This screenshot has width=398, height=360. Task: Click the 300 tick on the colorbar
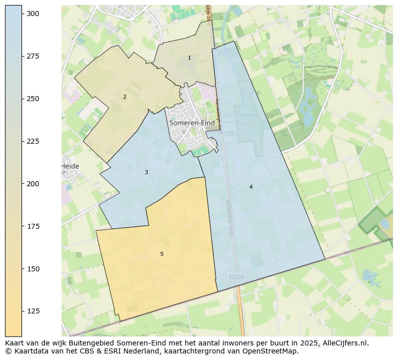pyautogui.click(x=33, y=14)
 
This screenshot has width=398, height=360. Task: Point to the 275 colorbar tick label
pyautogui.click(x=33, y=57)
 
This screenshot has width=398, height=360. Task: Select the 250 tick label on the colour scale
pyautogui.click(x=33, y=99)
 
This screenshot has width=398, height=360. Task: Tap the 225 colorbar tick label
pyautogui.click(x=33, y=142)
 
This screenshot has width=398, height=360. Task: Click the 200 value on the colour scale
pyautogui.click(x=33, y=184)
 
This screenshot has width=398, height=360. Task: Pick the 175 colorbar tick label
pyautogui.click(x=33, y=227)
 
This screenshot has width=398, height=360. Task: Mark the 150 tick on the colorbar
pyautogui.click(x=33, y=269)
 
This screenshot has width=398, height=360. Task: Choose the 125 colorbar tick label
pyautogui.click(x=33, y=311)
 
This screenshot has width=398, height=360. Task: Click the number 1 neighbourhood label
pyautogui.click(x=189, y=58)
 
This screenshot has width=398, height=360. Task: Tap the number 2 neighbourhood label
pyautogui.click(x=125, y=97)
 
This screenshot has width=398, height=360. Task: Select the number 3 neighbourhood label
pyautogui.click(x=146, y=173)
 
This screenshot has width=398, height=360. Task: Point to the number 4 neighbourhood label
pyautogui.click(x=251, y=187)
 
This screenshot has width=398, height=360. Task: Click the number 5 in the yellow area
pyautogui.click(x=162, y=254)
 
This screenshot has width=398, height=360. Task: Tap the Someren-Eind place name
pyautogui.click(x=192, y=123)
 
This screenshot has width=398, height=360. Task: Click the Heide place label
pyautogui.click(x=70, y=166)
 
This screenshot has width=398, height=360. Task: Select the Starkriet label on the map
pyautogui.click(x=246, y=115)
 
